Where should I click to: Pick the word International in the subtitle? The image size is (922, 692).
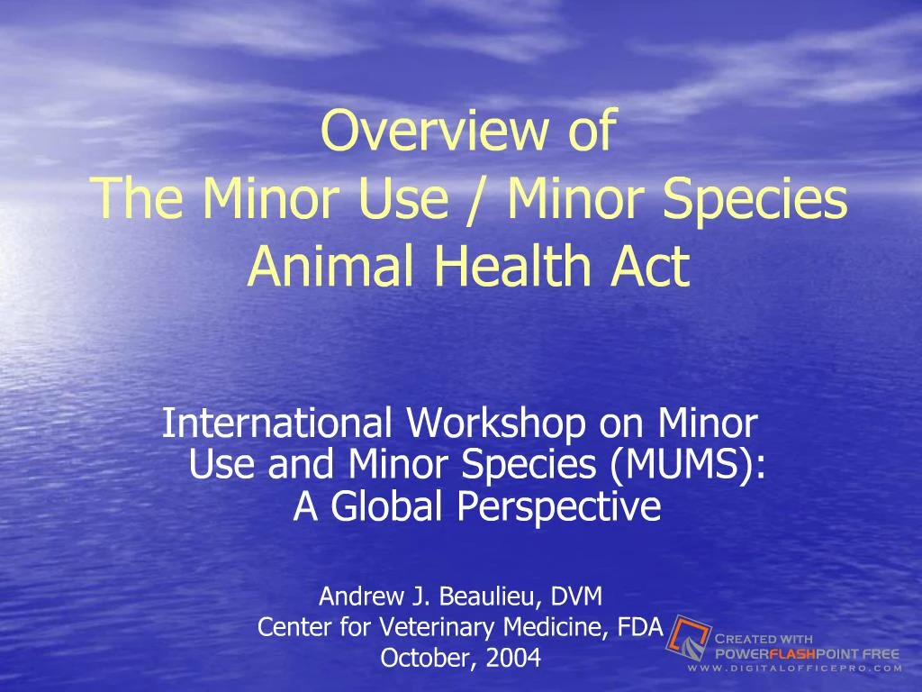tap(278, 422)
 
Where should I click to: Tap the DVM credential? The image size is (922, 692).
tap(577, 596)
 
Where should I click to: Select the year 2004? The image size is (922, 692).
tap(513, 659)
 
